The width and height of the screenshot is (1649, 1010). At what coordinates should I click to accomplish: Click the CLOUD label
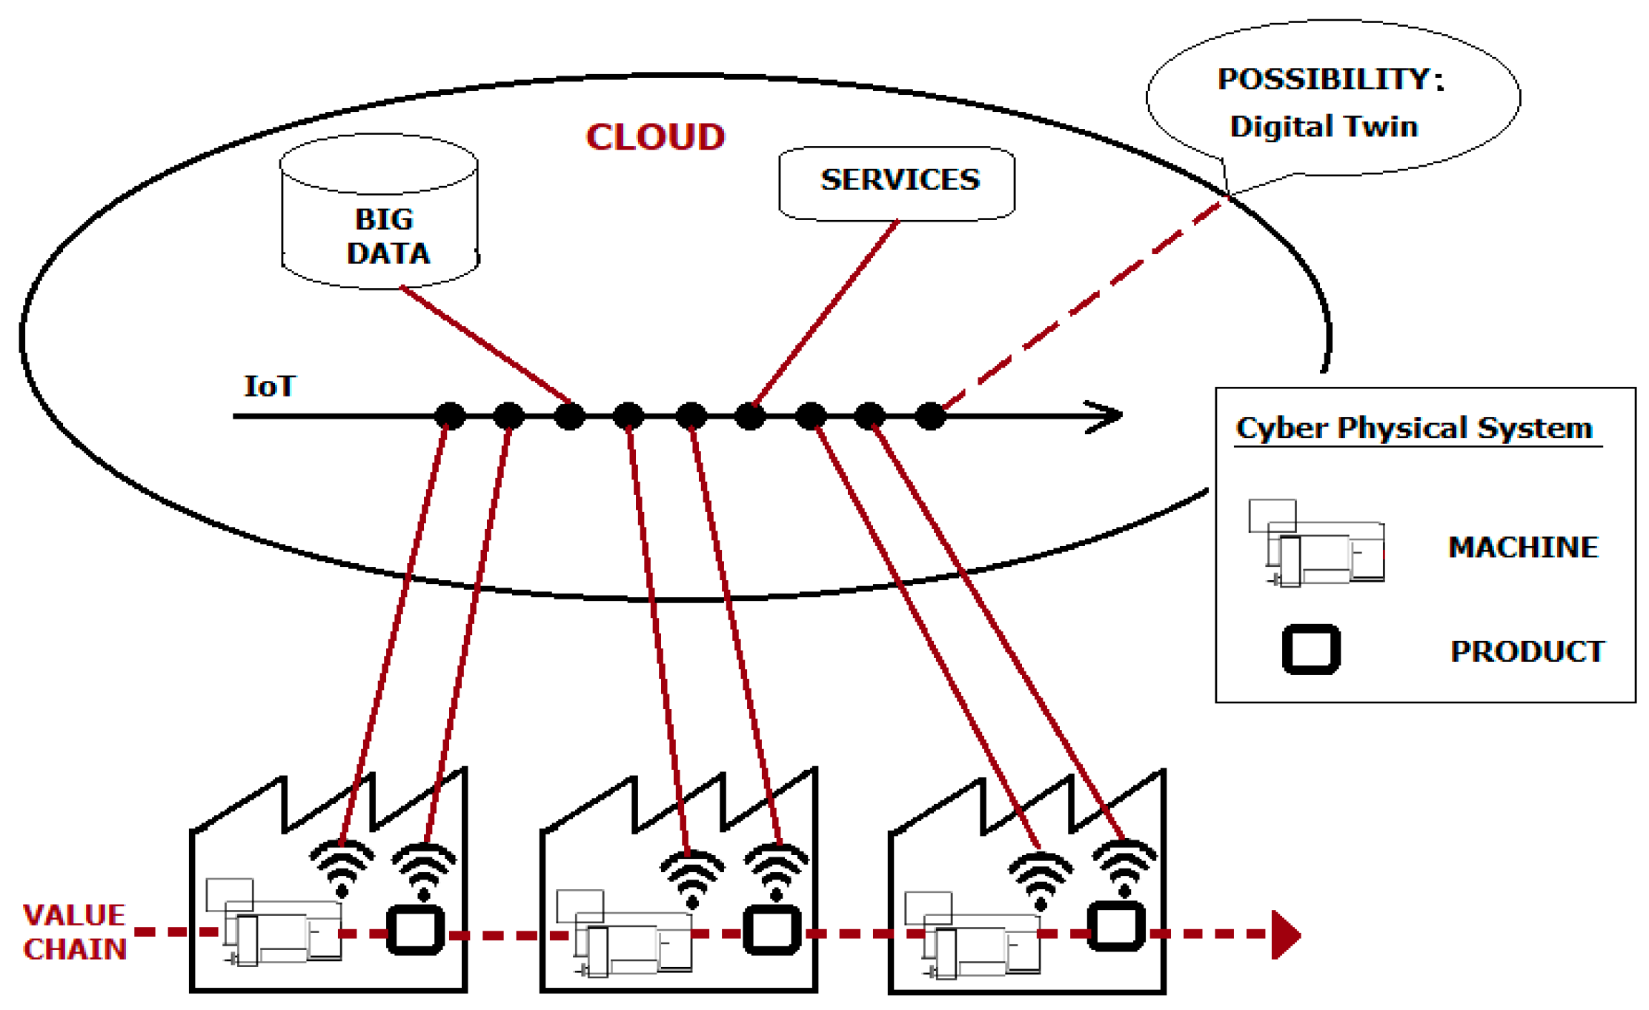655,137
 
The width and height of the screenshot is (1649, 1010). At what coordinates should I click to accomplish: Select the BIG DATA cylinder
379,211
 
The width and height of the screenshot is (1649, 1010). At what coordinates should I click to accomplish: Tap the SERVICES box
897,183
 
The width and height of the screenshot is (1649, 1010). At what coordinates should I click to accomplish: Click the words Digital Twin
1324,127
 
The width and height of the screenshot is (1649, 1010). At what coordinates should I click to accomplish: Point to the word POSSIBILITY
1323,79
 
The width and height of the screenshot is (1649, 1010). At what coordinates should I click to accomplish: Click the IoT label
270,386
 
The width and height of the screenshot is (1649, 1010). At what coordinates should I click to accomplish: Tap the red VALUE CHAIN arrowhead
1287,934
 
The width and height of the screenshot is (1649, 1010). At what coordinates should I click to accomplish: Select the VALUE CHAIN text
75,932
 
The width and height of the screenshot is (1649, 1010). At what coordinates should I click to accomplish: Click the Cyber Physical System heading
1414,428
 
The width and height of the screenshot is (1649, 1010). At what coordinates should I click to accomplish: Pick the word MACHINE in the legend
1523,547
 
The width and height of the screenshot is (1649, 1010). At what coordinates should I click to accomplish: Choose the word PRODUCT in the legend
1527,651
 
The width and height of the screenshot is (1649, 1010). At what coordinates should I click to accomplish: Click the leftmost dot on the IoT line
450,416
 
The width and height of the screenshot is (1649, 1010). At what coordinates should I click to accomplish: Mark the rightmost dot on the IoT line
930,416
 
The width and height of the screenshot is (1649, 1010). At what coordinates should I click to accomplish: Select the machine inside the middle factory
624,934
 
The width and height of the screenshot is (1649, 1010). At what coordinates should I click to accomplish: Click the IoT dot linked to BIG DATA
569,416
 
